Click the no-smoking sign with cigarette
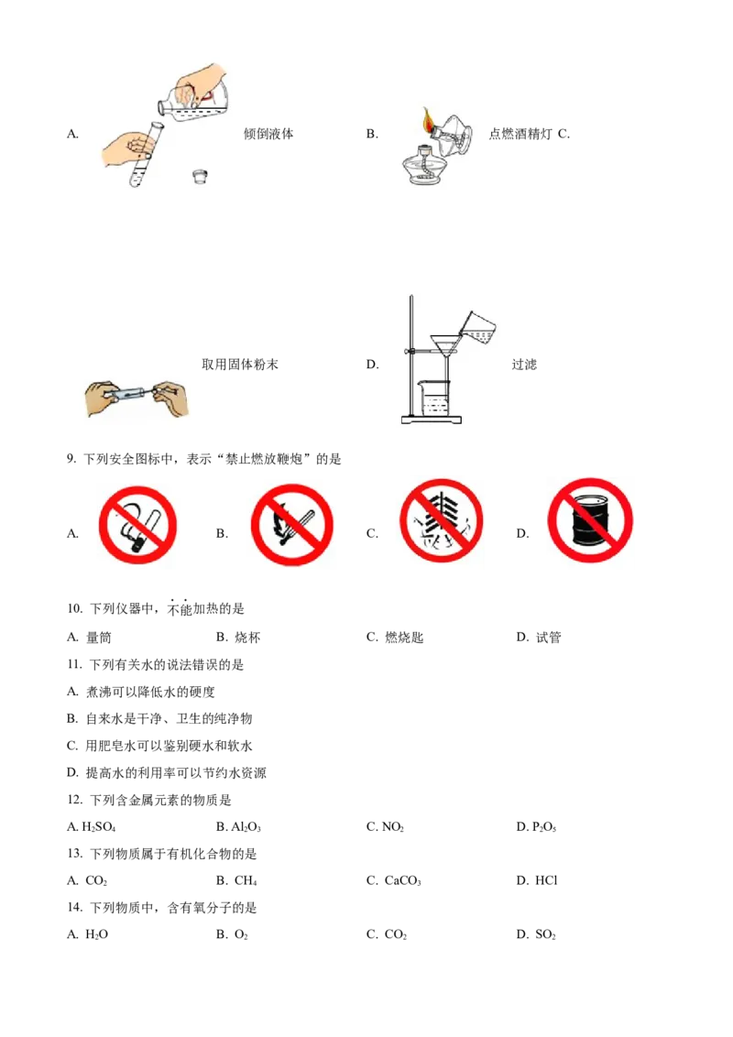[137, 525]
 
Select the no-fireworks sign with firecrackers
[442, 521]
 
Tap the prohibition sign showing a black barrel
[590, 520]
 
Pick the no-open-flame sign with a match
[291, 525]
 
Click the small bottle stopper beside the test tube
[200, 176]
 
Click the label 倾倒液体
[268, 134]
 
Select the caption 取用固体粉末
[239, 365]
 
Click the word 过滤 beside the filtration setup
[524, 365]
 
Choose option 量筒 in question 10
[99, 638]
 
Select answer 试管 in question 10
[548, 638]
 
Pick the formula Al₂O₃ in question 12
[246, 826]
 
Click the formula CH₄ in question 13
[246, 880]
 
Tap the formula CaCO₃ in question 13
[402, 880]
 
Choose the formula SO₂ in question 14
[545, 934]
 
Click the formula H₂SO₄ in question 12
[98, 826]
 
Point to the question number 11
[74, 665]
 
